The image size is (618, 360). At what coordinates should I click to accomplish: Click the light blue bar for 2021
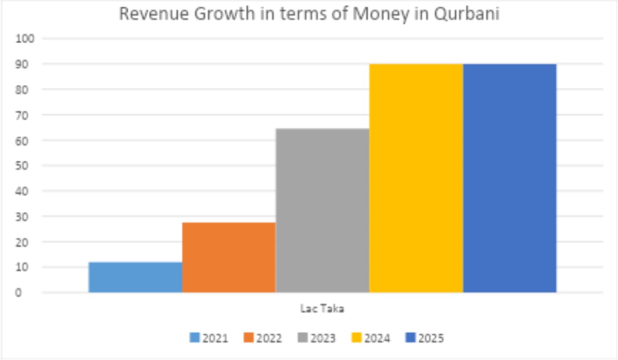pos(135,277)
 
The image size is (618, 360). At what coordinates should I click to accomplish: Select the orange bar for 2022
pos(228,257)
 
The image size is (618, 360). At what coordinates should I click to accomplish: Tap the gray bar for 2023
pos(322,210)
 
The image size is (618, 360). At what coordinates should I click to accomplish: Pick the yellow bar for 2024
pos(416,178)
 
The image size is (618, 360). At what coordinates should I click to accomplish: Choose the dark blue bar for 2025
pos(509,178)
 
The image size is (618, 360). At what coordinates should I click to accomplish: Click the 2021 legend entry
pos(209,338)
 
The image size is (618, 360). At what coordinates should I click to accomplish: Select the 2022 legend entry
pos(263,338)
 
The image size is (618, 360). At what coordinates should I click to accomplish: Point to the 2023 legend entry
pos(316,338)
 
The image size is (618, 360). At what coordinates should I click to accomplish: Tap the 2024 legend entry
pos(370,338)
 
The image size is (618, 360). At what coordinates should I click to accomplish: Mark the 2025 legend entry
pos(424,338)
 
